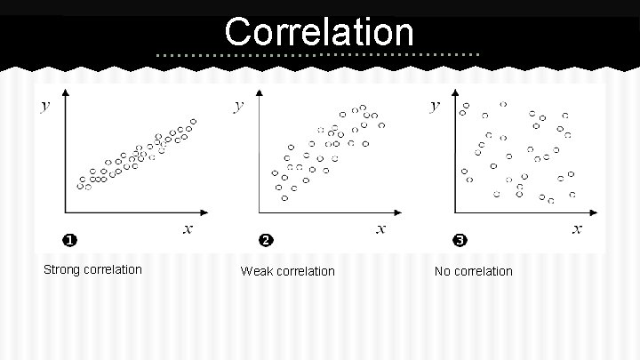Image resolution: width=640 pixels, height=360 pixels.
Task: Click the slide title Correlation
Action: pyautogui.click(x=319, y=33)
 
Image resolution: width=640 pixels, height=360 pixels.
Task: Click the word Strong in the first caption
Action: pyautogui.click(x=63, y=269)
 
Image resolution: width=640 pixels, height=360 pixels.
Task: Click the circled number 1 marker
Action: pyautogui.click(x=68, y=240)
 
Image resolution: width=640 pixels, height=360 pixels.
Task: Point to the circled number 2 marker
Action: pyautogui.click(x=264, y=240)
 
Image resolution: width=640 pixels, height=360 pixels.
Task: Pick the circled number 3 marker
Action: pyautogui.click(x=459, y=240)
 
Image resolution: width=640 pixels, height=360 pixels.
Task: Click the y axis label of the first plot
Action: pyautogui.click(x=44, y=106)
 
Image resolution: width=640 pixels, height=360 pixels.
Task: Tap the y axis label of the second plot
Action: pyautogui.click(x=238, y=106)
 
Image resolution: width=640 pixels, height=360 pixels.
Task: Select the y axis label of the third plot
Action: pyautogui.click(x=434, y=106)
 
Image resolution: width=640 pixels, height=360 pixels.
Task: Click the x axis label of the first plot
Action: pyautogui.click(x=188, y=229)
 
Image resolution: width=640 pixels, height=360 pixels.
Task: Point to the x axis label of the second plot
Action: pyautogui.click(x=381, y=229)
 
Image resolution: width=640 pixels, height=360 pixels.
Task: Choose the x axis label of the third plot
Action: pyautogui.click(x=577, y=229)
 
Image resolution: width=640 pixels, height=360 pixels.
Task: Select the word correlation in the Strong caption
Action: pyautogui.click(x=113, y=269)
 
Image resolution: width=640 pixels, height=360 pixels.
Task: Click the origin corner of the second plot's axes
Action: pyautogui.click(x=258, y=212)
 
